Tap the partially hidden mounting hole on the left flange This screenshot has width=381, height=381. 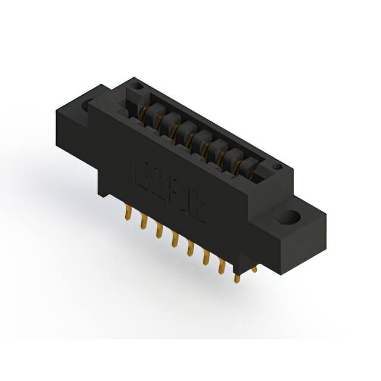coord(88,105)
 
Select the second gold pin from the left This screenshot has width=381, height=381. coord(143,221)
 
